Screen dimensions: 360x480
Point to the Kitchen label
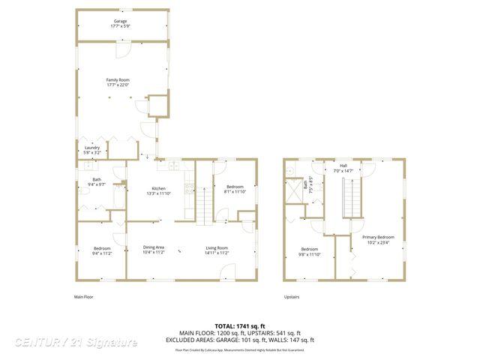[x=158, y=189]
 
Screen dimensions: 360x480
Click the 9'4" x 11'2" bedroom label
[x=102, y=251]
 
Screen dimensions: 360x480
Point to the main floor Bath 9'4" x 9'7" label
[x=97, y=182]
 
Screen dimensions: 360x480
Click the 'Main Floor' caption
[x=88, y=297]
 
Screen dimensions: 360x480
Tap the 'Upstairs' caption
[x=292, y=297]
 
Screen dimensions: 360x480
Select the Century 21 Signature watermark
[x=76, y=343]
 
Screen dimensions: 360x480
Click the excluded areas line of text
[x=240, y=339]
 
